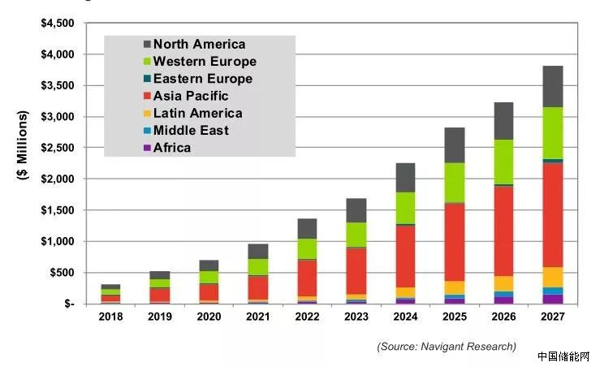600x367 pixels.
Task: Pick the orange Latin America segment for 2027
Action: (552, 277)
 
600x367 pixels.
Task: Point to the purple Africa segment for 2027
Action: (552, 299)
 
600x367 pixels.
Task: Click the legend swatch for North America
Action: (147, 45)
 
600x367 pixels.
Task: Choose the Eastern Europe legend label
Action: (202, 79)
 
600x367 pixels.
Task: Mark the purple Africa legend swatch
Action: (147, 148)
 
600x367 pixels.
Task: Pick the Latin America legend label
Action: (197, 113)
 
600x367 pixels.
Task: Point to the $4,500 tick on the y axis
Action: (58, 24)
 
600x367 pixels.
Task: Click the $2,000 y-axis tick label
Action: (58, 179)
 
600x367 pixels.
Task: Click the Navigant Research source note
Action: (446, 347)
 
